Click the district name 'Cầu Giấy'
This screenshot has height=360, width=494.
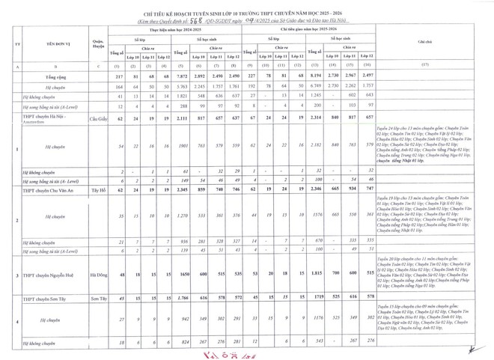(x=97, y=118)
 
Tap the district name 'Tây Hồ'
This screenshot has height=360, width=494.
(x=97, y=190)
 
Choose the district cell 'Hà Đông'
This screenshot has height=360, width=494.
(x=97, y=275)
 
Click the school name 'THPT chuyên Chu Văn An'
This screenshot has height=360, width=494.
(x=52, y=190)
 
